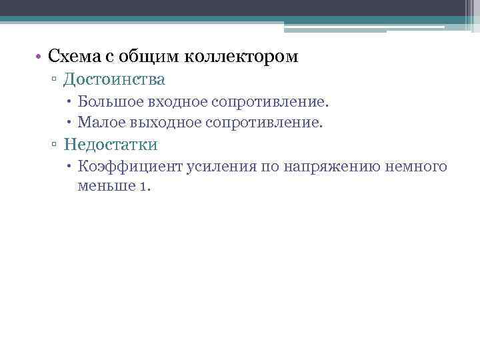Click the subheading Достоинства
pos(114,81)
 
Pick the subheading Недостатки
pos(111,144)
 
